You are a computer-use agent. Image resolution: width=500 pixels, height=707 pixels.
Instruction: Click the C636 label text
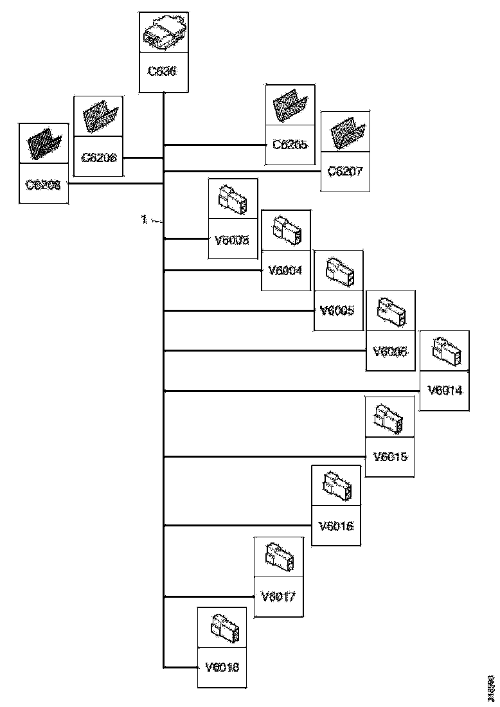pos(164,71)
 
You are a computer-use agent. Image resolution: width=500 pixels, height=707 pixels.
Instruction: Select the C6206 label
pos(99,156)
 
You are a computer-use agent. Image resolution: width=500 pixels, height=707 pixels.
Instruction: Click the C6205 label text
pos(290,145)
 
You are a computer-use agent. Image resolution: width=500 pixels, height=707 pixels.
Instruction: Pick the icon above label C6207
pos(345,132)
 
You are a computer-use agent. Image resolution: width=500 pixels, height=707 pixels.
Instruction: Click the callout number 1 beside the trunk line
pos(145,220)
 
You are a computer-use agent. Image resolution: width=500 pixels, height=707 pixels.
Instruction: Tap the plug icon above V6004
pos(285,229)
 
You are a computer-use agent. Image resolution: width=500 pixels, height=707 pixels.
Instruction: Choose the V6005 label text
pos(338,310)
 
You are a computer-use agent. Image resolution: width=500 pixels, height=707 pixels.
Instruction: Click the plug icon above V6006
pos(390,310)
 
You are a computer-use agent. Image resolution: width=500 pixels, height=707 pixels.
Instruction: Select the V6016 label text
pos(335,525)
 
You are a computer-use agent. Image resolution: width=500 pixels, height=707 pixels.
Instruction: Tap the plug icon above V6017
pos(279,556)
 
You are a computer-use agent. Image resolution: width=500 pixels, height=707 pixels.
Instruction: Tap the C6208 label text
pos(43,184)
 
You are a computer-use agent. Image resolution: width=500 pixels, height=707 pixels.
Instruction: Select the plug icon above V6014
pos(443,350)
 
